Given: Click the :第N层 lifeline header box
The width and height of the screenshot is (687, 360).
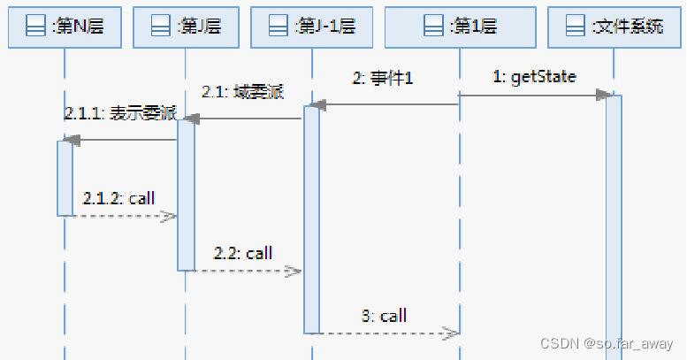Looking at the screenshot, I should (65, 27).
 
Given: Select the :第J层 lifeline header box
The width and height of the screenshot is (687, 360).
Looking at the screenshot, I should (185, 27).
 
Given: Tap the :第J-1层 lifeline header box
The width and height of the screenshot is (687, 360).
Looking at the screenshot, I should (311, 27).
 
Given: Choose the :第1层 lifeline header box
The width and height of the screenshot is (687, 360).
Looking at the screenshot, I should (460, 27).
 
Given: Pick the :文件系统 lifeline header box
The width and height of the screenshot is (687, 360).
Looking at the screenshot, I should (615, 27).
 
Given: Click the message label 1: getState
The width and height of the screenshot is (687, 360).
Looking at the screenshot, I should (534, 77).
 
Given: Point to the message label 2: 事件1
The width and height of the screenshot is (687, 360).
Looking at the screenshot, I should (383, 79).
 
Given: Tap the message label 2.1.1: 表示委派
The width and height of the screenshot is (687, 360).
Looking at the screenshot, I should (120, 114).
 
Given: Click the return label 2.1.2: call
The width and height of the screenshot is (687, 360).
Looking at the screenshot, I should (118, 197).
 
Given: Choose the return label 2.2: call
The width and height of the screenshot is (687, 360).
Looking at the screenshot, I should (242, 253).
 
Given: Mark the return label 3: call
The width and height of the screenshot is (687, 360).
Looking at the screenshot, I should (384, 316).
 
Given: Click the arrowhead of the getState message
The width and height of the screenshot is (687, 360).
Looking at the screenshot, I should (604, 94).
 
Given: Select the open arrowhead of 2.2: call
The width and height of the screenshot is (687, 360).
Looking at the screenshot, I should (294, 272).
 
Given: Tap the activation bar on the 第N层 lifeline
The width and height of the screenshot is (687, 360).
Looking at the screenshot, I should (65, 177).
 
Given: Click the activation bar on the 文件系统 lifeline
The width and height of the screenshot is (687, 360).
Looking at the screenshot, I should (614, 221).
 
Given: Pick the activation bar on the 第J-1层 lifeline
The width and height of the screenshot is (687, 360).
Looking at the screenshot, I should (311, 221).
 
